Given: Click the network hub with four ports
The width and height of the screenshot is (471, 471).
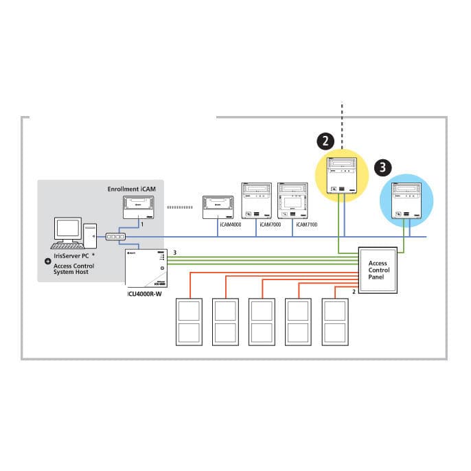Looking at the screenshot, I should (x=115, y=237).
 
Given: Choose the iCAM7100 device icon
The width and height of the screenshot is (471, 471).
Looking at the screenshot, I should (x=293, y=200).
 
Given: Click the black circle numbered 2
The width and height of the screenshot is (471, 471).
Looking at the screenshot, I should (x=325, y=141).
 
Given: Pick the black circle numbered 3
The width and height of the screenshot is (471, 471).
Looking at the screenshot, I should (x=383, y=167).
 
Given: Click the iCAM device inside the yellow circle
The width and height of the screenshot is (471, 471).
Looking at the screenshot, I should (x=343, y=176).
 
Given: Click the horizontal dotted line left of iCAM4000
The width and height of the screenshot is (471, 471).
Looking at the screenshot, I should (x=180, y=205).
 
